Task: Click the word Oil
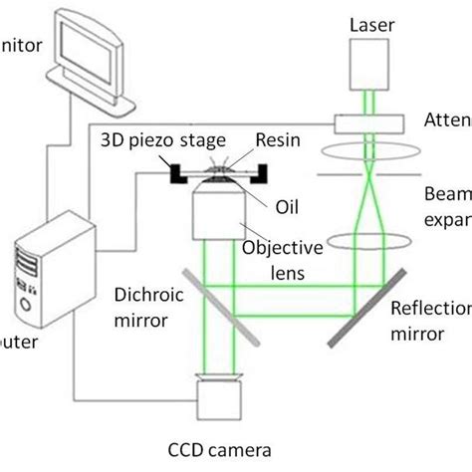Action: click(x=287, y=207)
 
